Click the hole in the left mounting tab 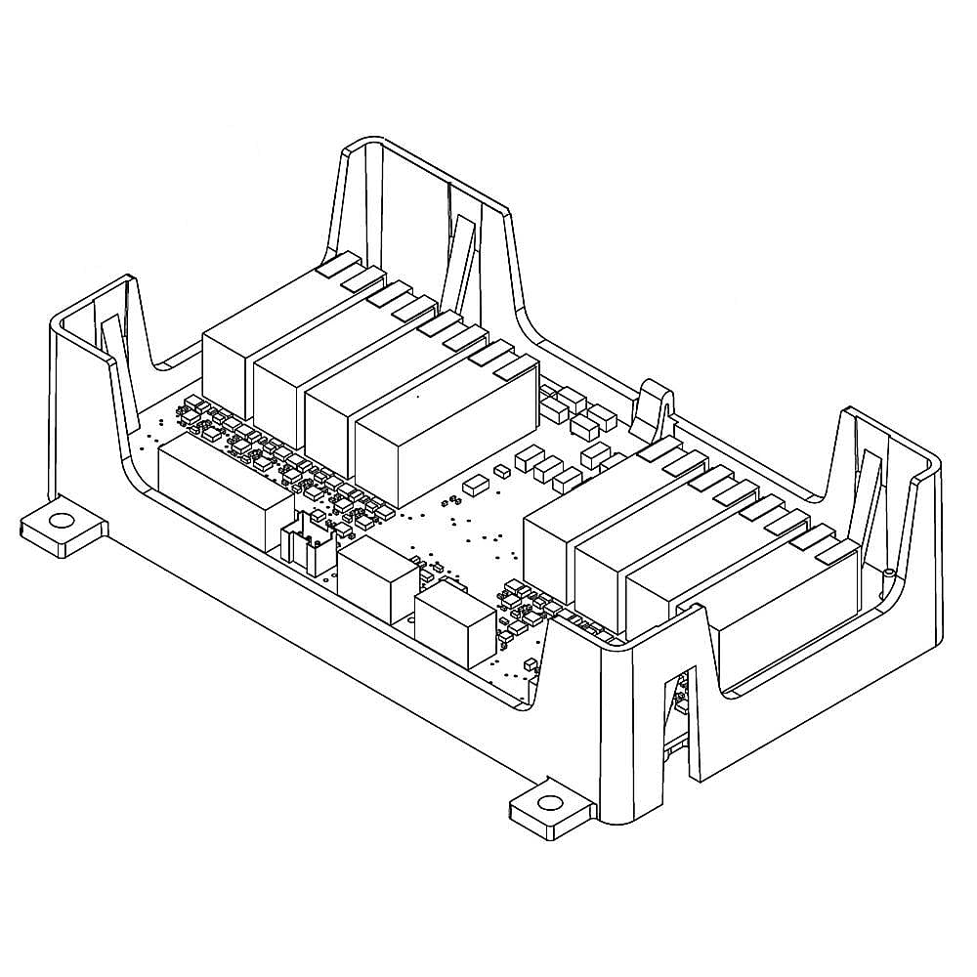(62, 521)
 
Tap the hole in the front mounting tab (550, 803)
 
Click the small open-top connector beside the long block (311, 547)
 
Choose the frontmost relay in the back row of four (445, 430)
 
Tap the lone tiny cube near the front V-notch (531, 664)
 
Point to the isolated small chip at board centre (477, 483)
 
